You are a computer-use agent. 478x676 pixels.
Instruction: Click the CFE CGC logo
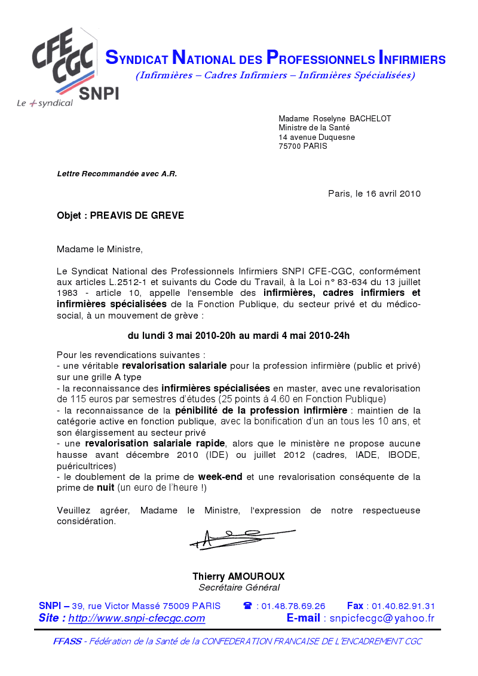coord(63,60)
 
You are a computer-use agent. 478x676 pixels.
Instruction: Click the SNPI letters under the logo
coord(99,94)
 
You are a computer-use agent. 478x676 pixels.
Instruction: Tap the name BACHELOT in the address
coord(370,119)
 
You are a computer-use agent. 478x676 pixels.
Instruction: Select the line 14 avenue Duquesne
coord(317,137)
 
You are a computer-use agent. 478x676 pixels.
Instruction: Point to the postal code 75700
coord(290,146)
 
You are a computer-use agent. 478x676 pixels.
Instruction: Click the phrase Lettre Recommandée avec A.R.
coord(117,174)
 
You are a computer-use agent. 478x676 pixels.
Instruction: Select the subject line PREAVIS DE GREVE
coord(137,216)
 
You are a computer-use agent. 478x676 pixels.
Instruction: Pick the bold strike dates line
coord(238,336)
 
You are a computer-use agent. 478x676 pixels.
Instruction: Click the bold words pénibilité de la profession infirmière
coord(261,411)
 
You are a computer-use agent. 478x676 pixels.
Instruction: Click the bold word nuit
coord(105,488)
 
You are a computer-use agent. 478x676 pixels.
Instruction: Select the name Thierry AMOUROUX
coord(238,577)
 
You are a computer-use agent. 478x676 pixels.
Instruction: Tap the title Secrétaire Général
coord(238,588)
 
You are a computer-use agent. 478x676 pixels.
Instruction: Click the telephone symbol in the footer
coord(247,606)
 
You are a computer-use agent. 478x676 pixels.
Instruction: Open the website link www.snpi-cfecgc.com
coord(136,619)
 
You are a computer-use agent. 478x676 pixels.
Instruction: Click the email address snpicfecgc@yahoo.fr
coord(382,619)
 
